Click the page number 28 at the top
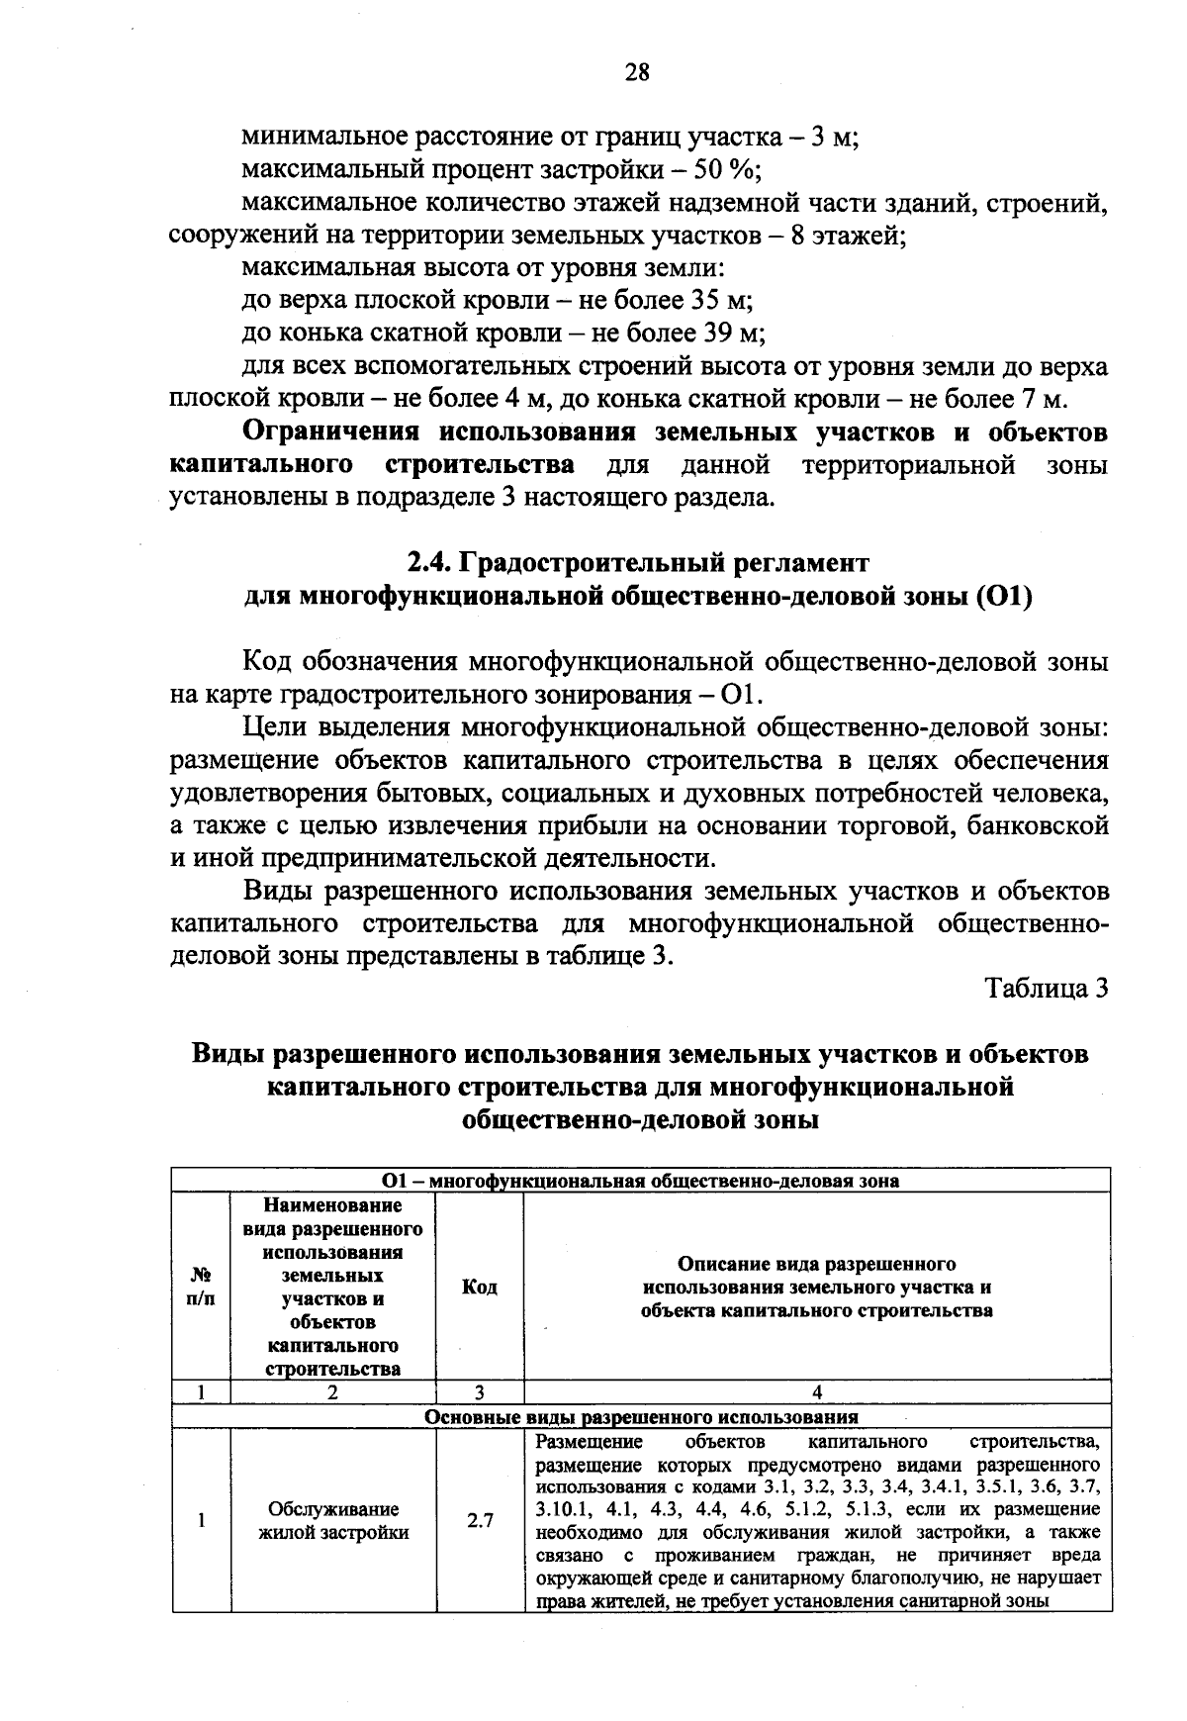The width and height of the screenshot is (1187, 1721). point(636,72)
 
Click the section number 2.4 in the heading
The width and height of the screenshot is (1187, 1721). point(428,563)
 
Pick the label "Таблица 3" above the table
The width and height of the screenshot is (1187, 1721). point(1047,989)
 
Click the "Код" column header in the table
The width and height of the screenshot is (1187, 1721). point(480,1287)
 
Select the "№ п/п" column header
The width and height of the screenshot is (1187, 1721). point(201,1287)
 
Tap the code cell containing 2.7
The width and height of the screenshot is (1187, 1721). point(480,1521)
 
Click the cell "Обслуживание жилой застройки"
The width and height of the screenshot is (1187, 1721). point(333,1521)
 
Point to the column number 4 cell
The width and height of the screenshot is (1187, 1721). point(817,1392)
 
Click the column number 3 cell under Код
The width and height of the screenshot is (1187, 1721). point(479,1392)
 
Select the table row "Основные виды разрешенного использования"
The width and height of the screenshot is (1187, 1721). point(641,1416)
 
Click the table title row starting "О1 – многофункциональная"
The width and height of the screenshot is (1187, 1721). point(641,1181)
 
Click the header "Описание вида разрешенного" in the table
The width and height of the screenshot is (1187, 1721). point(817,1264)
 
